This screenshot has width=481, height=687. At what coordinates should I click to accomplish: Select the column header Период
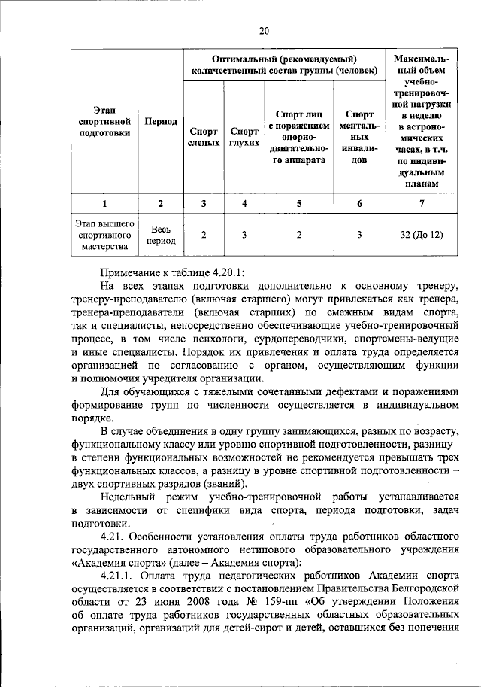pos(161,122)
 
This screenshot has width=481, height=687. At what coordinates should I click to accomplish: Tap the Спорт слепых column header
pos(203,136)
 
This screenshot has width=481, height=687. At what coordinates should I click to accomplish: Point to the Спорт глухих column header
pos(244,136)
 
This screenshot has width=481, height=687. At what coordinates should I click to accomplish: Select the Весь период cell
pos(161,235)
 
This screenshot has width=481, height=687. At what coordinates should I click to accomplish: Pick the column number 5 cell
pos(298,204)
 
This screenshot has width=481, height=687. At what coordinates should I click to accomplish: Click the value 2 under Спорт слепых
pos(203,235)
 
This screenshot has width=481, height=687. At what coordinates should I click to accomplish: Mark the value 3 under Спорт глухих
pos(244,235)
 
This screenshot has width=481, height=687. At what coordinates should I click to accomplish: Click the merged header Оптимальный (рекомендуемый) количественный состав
pos(284,65)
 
